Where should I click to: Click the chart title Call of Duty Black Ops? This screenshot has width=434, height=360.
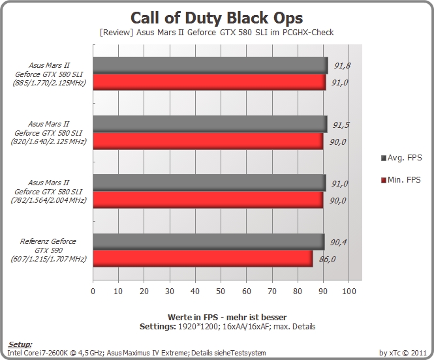(217, 18)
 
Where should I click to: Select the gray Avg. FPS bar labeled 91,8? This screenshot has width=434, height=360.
(210, 65)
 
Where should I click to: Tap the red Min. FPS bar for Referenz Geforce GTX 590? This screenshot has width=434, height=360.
(203, 258)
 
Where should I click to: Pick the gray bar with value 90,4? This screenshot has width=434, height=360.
(209, 242)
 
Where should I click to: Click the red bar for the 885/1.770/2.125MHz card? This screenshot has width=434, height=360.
(209, 82)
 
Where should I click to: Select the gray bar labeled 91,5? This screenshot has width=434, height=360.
(210, 124)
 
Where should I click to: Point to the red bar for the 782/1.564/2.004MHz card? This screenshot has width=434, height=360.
(208, 200)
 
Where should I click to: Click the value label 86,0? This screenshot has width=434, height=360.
(327, 260)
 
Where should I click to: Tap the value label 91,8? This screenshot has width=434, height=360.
(342, 66)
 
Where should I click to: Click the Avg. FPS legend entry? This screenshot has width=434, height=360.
(401, 158)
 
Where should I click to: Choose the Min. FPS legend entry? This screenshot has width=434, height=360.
(401, 180)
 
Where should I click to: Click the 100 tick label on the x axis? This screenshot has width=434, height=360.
(349, 291)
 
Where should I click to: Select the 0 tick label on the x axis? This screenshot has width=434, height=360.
(93, 291)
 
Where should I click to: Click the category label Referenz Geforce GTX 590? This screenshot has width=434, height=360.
(48, 250)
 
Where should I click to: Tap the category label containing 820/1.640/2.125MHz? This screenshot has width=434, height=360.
(48, 133)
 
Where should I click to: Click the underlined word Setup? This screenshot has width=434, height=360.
(20, 344)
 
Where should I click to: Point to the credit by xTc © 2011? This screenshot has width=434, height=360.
(403, 353)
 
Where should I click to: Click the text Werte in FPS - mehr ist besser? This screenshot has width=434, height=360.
(227, 317)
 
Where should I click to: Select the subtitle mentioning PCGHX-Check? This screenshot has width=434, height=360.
(217, 33)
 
